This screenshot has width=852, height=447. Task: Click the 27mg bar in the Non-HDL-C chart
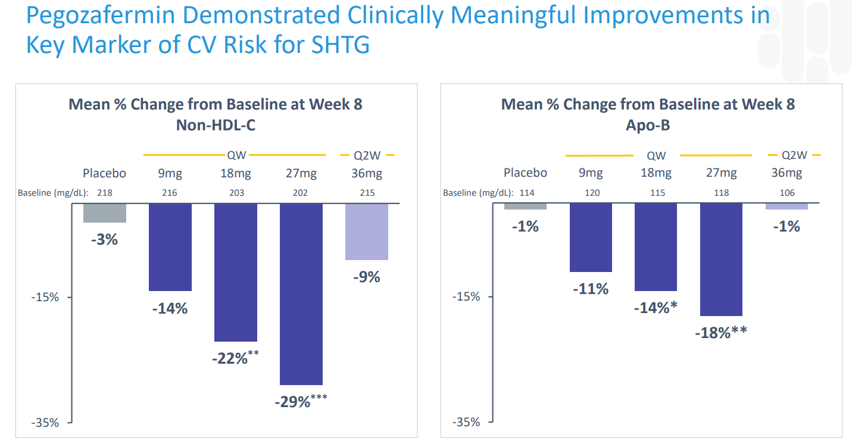301,294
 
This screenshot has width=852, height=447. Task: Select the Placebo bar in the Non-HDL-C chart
105,213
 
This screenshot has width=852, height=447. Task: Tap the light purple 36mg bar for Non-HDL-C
366,232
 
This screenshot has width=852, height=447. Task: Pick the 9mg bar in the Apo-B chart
591,237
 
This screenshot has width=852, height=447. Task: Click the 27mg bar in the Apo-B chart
721,260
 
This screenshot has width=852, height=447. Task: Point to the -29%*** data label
301,401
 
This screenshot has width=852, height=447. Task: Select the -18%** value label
720,332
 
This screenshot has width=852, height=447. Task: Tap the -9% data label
366,277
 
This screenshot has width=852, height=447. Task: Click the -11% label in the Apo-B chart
591,289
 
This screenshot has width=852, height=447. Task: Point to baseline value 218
105,193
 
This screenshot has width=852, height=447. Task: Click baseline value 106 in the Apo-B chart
786,193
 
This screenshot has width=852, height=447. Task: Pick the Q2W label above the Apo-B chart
794,155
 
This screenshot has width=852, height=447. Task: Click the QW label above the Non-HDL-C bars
235,155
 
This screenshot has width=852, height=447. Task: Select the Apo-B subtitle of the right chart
648,125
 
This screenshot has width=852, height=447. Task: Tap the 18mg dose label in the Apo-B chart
656,173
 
